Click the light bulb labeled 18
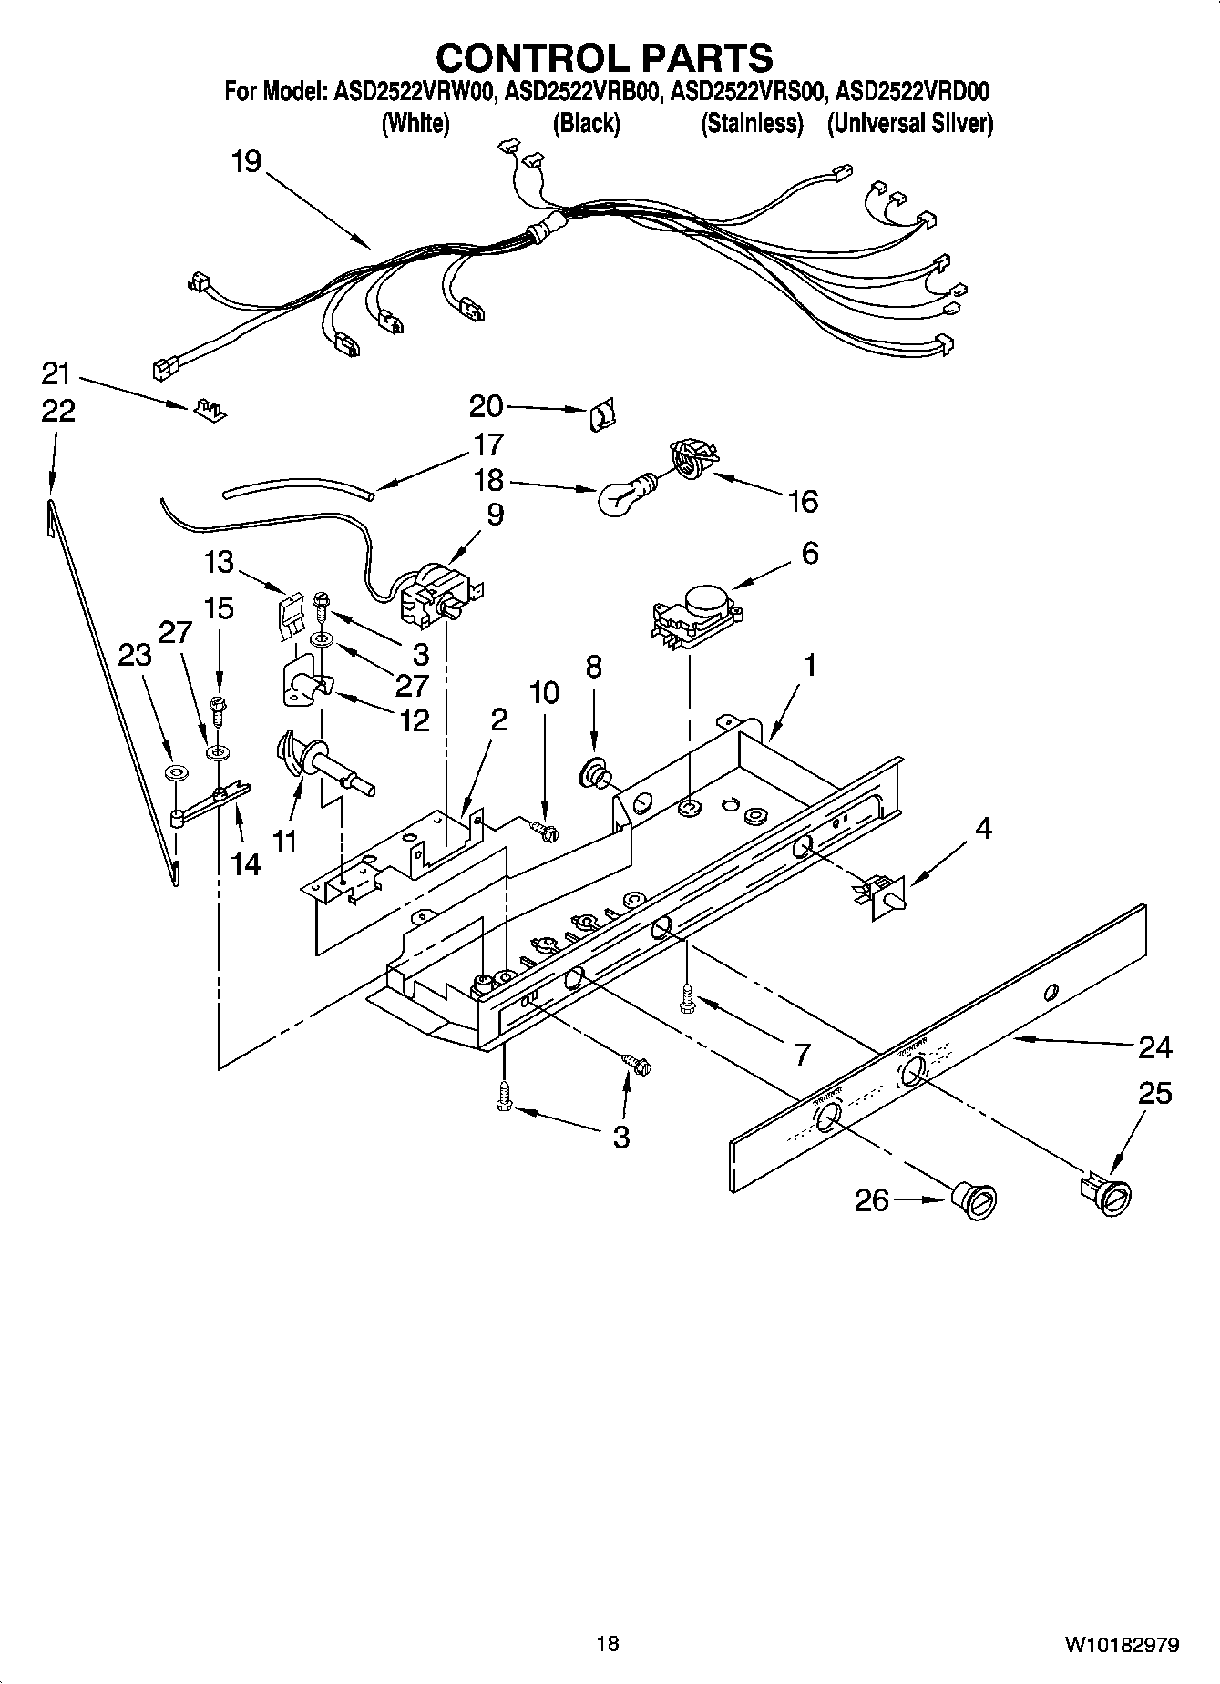point(622,496)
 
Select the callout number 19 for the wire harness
point(246,162)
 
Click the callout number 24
point(1154,1048)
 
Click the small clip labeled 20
point(600,417)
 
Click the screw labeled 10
point(545,829)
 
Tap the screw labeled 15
point(217,706)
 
